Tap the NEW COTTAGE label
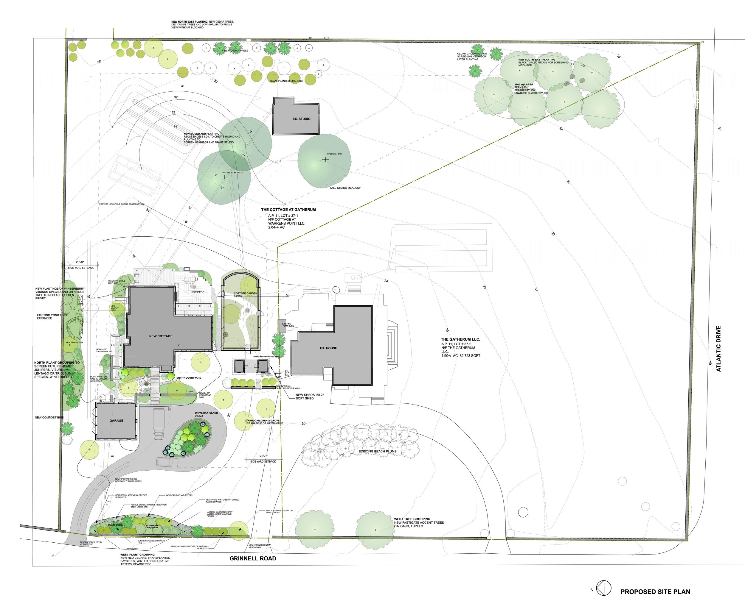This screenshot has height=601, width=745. tap(161, 336)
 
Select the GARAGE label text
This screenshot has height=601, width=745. tap(117, 421)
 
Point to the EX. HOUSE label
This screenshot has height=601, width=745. tap(328, 348)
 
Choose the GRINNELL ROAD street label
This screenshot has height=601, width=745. tap(253, 558)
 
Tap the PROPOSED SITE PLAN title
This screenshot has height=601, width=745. tap(655, 592)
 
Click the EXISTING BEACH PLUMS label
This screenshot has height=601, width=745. tap(377, 452)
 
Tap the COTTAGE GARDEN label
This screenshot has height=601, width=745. tap(245, 293)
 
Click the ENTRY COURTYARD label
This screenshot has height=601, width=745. tap(189, 378)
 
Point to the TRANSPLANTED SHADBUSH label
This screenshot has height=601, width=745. tap(287, 81)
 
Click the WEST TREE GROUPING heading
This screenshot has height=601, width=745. tap(412, 519)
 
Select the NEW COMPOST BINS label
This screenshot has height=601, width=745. tap(49, 418)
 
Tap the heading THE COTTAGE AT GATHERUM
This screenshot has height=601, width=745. tap(288, 210)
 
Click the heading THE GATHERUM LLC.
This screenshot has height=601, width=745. tap(460, 340)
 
